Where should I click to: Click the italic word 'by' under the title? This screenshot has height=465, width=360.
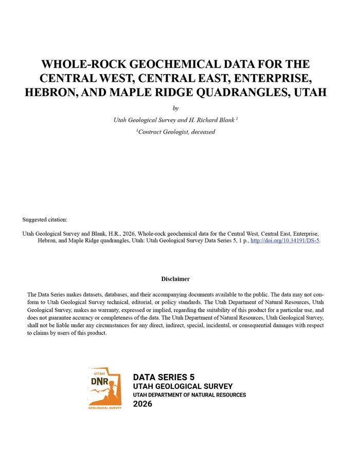(x=175, y=108)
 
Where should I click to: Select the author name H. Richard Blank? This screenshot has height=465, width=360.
(x=211, y=120)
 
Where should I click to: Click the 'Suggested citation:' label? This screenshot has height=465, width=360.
(x=45, y=220)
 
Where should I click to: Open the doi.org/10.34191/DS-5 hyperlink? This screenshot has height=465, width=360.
(x=285, y=240)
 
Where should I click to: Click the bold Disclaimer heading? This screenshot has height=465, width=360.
(x=175, y=279)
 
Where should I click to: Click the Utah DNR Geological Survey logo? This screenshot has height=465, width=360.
(x=105, y=388)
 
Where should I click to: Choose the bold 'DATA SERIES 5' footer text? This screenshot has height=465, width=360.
(x=164, y=377)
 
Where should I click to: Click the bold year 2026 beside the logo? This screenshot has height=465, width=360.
(x=142, y=404)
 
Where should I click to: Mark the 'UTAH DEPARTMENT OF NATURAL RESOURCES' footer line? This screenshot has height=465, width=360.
(x=189, y=395)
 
